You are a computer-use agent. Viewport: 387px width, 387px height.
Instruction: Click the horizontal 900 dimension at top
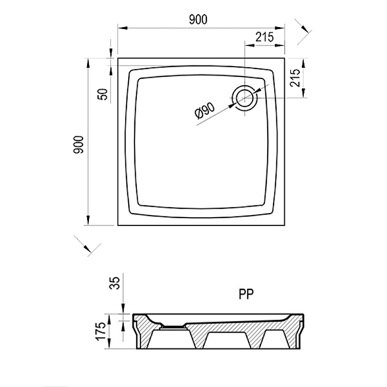pos(198,20)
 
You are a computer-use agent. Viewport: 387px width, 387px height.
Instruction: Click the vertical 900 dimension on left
pos(79,145)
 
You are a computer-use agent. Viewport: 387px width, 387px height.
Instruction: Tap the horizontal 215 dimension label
pos(265,37)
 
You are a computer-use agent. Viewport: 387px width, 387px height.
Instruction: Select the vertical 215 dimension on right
pos(295,78)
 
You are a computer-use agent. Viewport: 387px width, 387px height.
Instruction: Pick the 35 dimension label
pos(115,283)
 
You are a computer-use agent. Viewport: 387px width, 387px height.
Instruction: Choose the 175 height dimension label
pos(101,331)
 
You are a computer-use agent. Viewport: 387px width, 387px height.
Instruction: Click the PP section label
pos(246,294)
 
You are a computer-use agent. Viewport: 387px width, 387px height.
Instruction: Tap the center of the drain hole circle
pos(244,98)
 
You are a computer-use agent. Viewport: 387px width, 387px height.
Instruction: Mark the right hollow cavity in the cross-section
pos(274,340)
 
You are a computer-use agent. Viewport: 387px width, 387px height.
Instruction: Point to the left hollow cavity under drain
pos(172,340)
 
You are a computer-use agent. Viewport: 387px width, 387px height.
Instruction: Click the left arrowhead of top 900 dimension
pos(122,28)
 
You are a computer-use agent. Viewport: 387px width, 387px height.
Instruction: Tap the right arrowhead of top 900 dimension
pos(280,28)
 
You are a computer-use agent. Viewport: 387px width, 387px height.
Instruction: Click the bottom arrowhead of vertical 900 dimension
pos(88,220)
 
